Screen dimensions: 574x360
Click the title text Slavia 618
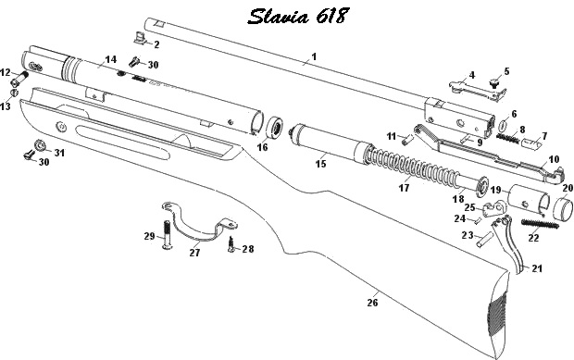(x=297, y=16)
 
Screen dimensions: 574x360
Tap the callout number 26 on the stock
(x=372, y=303)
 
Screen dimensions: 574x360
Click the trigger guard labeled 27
(x=199, y=222)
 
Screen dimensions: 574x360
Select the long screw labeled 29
(x=167, y=234)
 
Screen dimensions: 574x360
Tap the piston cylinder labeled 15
(x=331, y=143)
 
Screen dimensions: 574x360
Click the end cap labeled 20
(x=563, y=209)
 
